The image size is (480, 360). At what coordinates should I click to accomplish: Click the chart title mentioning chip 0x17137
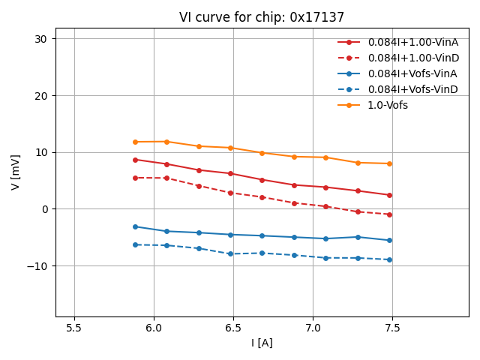pyautogui.click(x=262, y=17)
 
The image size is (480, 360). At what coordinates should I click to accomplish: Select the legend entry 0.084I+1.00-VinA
pyautogui.click(x=412, y=42)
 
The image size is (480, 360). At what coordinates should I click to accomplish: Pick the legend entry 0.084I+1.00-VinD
pyautogui.click(x=412, y=58)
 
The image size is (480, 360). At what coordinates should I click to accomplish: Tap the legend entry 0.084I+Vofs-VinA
pyautogui.click(x=412, y=73)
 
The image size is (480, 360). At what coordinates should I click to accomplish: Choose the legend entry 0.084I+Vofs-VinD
pyautogui.click(x=412, y=89)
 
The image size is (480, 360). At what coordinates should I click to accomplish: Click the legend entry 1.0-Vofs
pyautogui.click(x=388, y=105)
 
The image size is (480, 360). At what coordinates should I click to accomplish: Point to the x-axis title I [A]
pyautogui.click(x=262, y=343)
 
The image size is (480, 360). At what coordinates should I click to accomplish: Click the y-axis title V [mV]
pyautogui.click(x=16, y=173)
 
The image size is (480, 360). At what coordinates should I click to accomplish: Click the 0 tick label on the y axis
pyautogui.click(x=45, y=209)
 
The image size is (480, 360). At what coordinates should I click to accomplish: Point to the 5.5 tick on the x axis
pyautogui.click(x=74, y=328)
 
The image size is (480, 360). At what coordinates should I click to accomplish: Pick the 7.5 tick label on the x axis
pyautogui.click(x=392, y=328)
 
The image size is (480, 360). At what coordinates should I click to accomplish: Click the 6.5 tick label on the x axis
pyautogui.click(x=233, y=328)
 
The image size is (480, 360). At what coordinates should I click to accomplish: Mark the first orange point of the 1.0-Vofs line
pyautogui.click(x=135, y=142)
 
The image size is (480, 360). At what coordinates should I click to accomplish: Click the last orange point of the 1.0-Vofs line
pyautogui.click(x=389, y=163)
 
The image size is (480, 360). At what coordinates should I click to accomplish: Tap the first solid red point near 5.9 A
pyautogui.click(x=135, y=160)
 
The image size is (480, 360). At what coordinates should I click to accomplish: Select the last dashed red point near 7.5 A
pyautogui.click(x=389, y=214)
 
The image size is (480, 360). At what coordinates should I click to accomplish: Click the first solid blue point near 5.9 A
pyautogui.click(x=135, y=226)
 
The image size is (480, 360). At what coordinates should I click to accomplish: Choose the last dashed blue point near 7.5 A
pyautogui.click(x=389, y=259)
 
